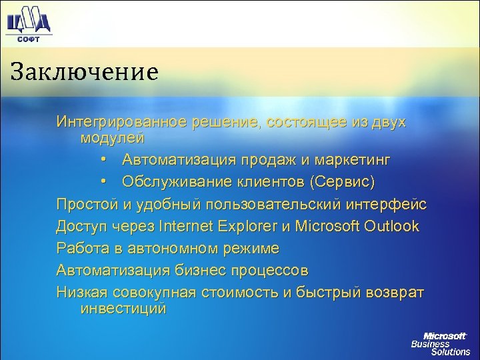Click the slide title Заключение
[84, 69]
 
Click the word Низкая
[80, 293]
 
